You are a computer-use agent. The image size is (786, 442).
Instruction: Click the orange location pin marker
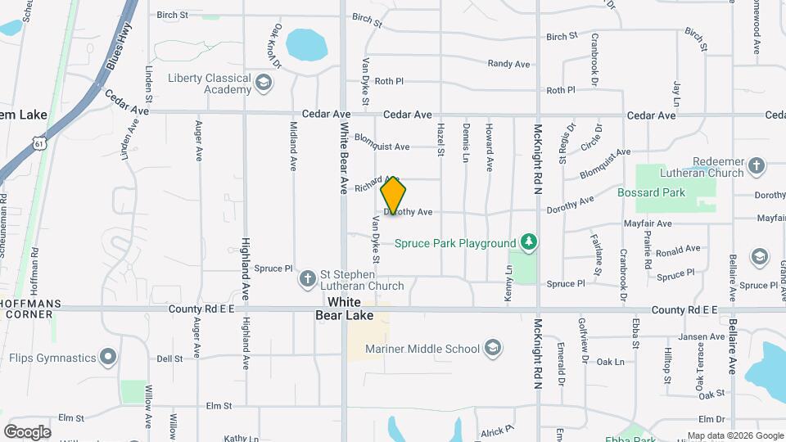click(x=393, y=195)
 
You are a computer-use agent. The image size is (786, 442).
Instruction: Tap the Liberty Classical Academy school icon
click(x=264, y=83)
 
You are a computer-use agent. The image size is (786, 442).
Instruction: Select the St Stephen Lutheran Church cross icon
click(x=308, y=279)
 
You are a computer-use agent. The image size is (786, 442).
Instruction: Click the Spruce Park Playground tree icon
click(x=530, y=242)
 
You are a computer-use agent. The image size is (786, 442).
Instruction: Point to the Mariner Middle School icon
click(x=492, y=349)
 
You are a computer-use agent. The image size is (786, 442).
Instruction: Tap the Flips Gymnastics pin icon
click(x=108, y=357)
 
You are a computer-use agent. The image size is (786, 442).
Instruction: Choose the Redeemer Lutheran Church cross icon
click(x=757, y=166)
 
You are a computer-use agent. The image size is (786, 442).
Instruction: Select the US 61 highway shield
click(x=40, y=144)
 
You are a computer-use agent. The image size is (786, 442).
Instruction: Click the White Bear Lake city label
click(x=345, y=309)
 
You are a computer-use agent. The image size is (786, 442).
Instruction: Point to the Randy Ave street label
click(x=508, y=64)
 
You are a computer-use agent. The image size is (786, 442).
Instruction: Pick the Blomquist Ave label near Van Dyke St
click(x=382, y=147)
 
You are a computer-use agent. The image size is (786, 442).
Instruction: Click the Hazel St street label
click(x=440, y=141)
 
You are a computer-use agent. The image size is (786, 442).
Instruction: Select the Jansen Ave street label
click(x=701, y=336)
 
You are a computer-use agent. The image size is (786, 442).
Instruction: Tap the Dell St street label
click(x=169, y=359)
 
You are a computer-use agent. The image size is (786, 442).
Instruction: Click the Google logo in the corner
click(x=27, y=431)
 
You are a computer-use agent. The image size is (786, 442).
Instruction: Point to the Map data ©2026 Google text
click(x=734, y=435)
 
